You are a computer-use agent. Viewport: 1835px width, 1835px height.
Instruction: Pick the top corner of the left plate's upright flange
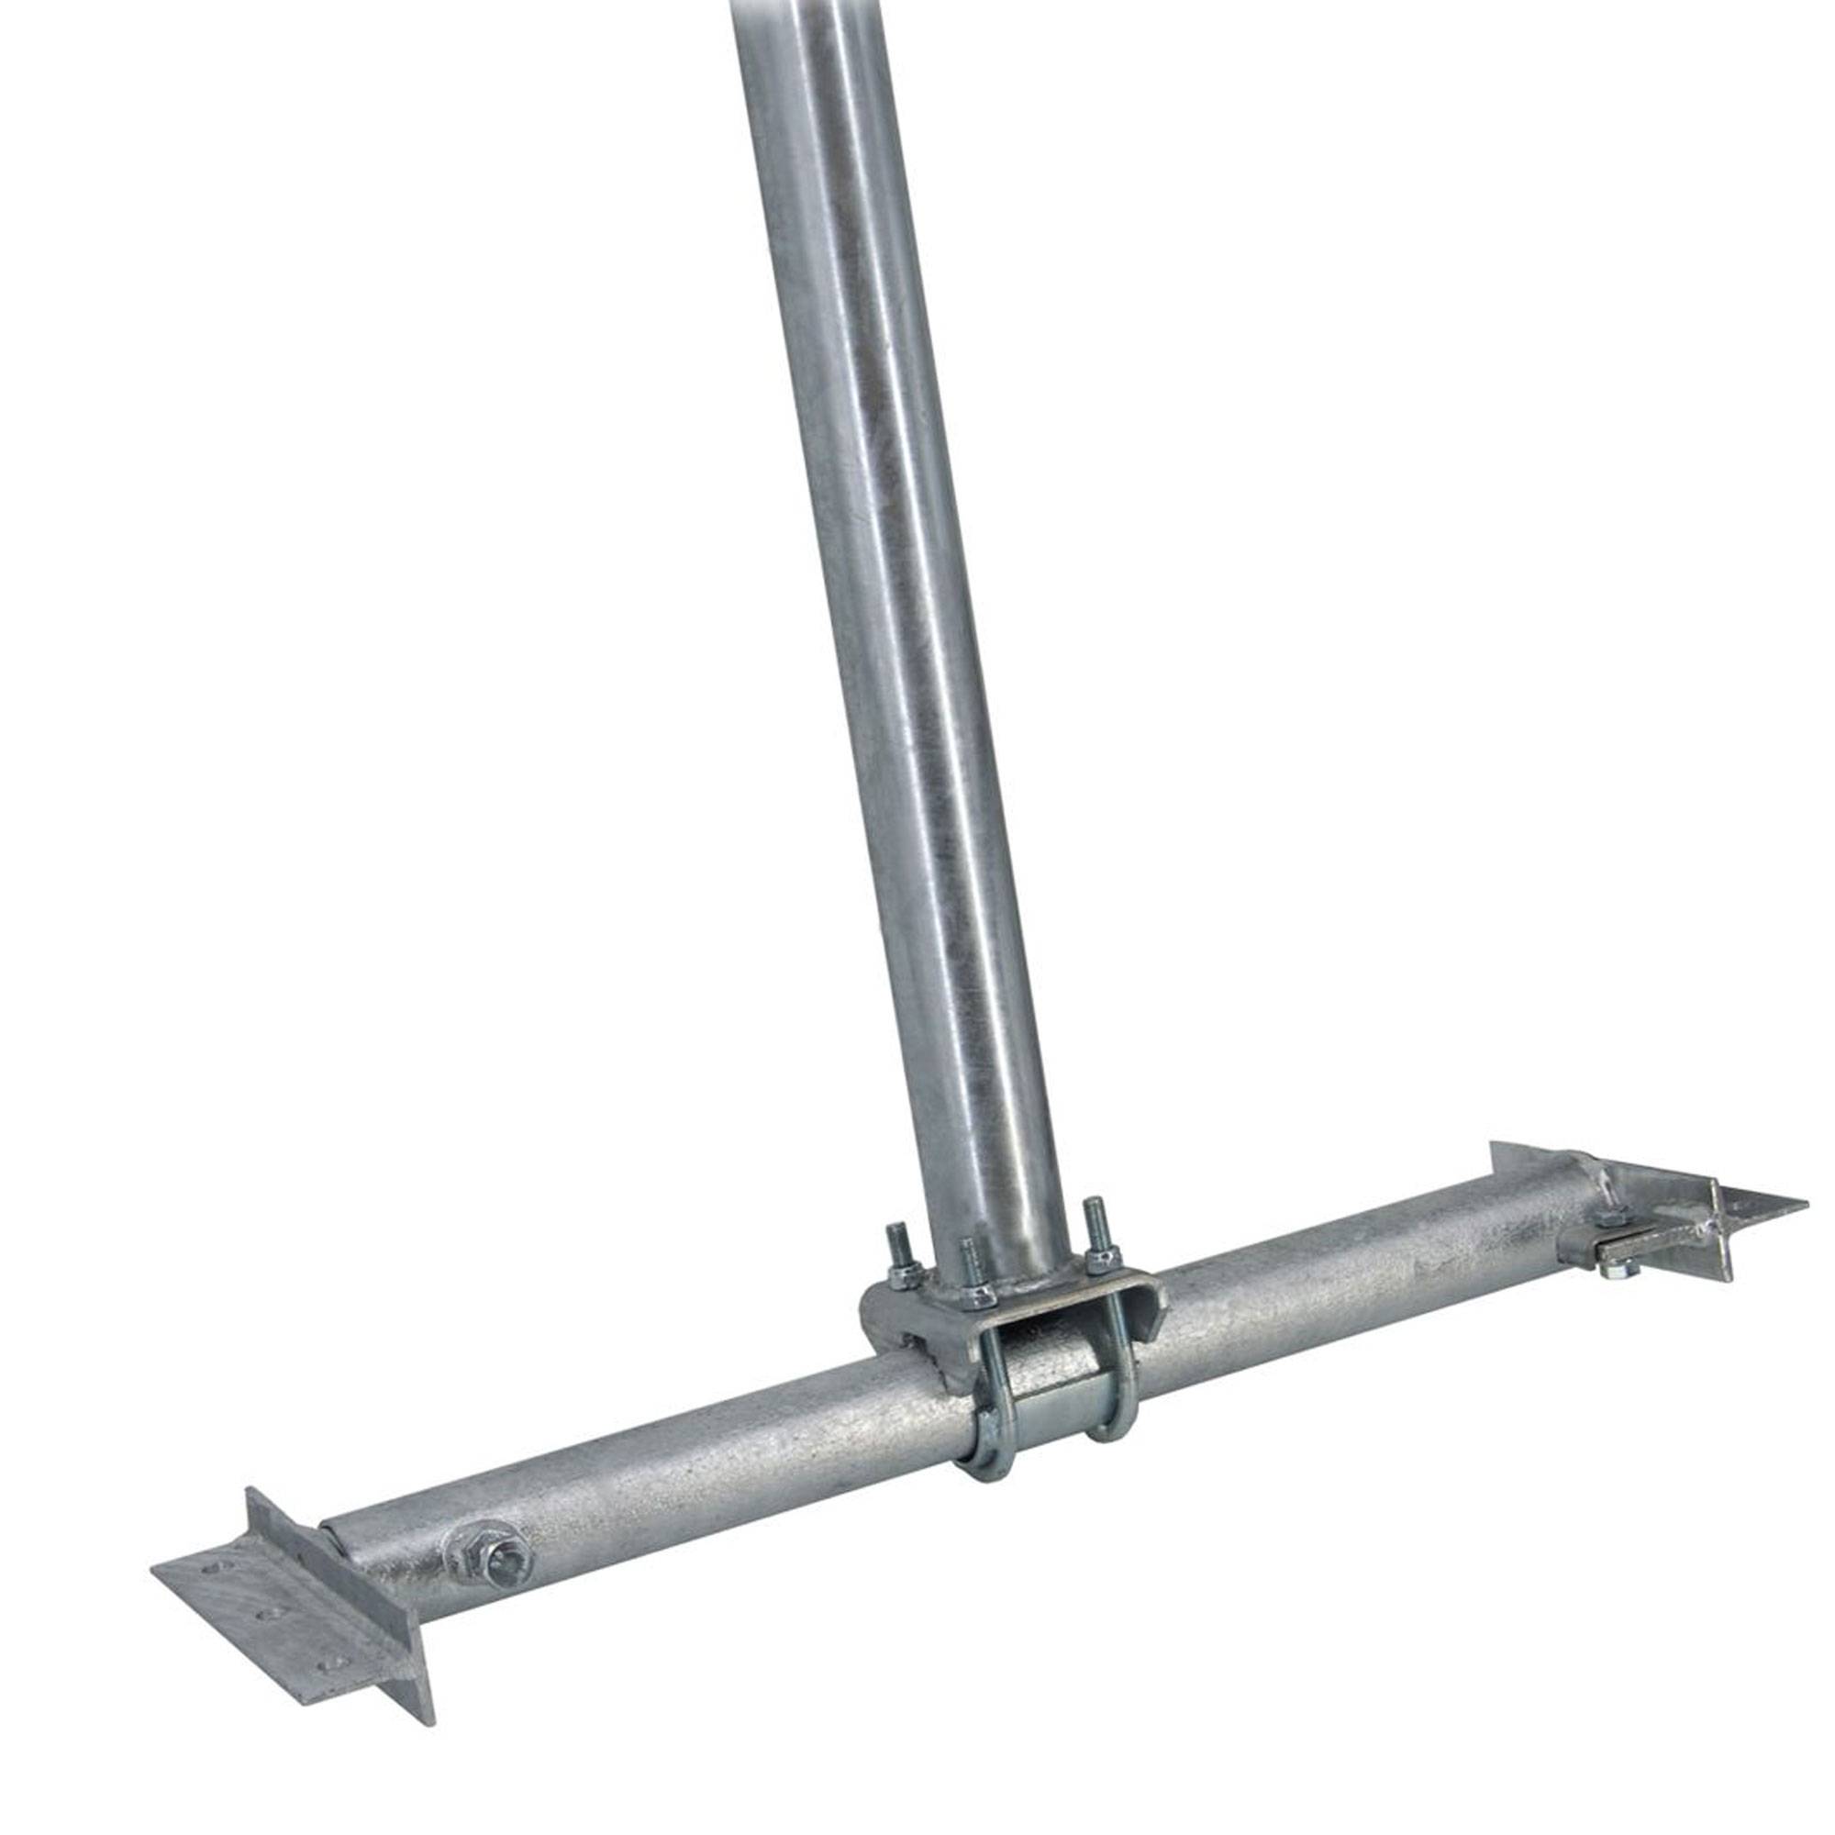tap(249, 1489)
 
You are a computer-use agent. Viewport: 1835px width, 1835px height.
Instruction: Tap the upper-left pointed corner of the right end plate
tap(1493, 1144)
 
